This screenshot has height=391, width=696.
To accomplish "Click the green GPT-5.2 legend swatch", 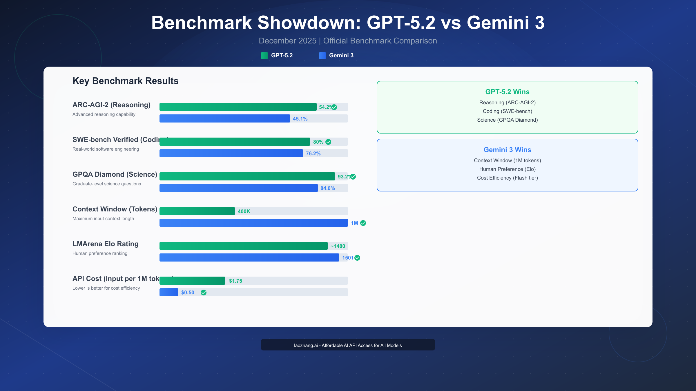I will coord(264,56).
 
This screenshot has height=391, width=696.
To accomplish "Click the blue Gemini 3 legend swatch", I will coord(322,56).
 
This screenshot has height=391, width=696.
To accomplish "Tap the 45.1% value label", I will coord(300,119).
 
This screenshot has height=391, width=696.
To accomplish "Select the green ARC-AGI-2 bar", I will coord(238,107).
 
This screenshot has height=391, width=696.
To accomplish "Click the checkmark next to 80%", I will coord(328,142).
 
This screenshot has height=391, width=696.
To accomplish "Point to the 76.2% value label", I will coord(313,154).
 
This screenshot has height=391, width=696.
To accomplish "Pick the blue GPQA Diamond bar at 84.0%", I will coord(238,188).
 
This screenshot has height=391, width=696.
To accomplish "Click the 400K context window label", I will coord(244,211).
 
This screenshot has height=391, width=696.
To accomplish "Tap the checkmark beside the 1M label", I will coord(363,223).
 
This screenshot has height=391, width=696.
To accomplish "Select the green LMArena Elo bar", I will coord(243,246).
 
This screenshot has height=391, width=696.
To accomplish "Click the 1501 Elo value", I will coord(347,258).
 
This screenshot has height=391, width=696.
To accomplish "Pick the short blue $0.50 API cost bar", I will coord(169,292).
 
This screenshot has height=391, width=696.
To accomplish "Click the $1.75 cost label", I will coord(235,281).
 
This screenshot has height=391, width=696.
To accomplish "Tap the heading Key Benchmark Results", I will coord(125,81).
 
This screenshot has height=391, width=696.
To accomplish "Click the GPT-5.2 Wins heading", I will coord(507,92).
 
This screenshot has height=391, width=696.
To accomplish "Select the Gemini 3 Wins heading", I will coord(507,150).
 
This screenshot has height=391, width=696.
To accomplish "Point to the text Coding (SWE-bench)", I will coord(507,111).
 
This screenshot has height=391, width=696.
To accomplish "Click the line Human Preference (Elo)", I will coord(507,169).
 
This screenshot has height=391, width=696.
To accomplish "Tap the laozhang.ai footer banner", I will coord(348,345).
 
